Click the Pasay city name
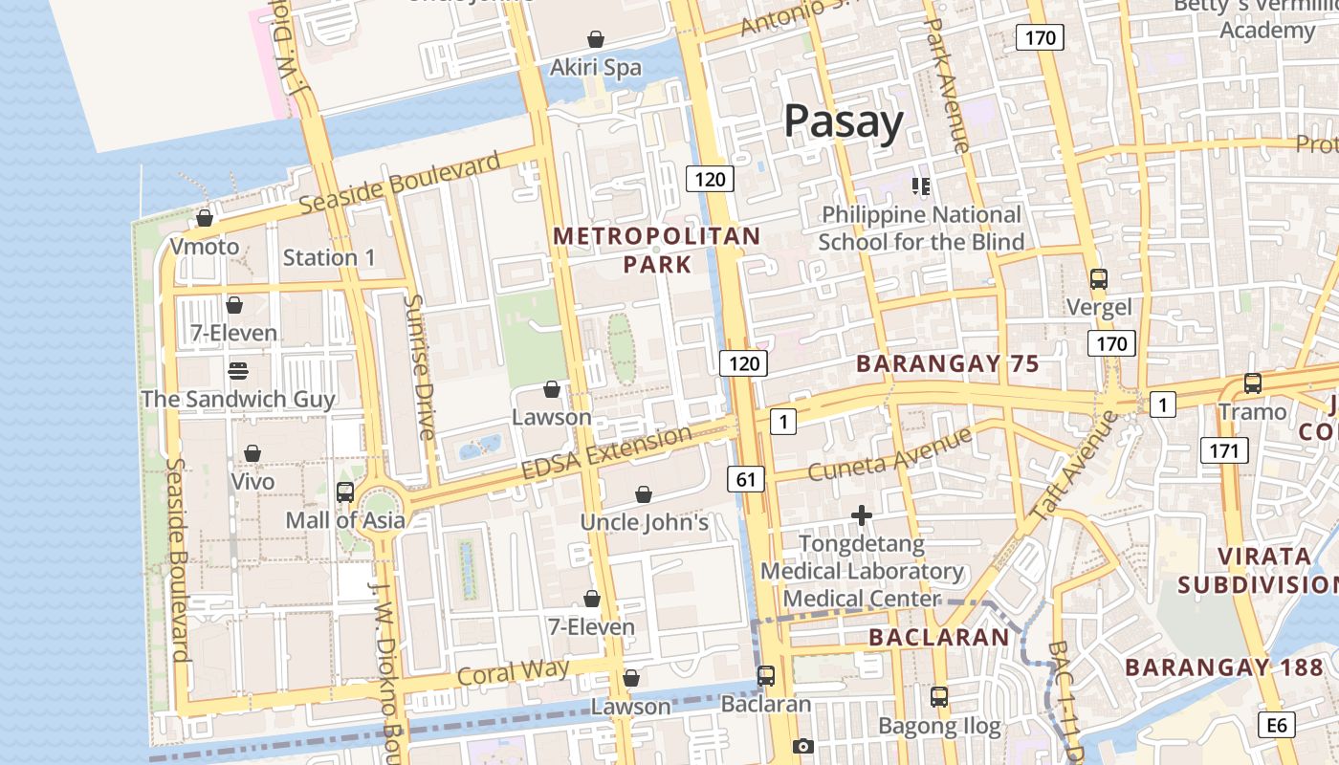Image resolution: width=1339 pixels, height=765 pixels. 843,122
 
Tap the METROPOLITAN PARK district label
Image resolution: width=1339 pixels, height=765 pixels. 657,250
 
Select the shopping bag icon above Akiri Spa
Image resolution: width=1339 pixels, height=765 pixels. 596,39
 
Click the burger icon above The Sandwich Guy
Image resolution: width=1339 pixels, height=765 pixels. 238,370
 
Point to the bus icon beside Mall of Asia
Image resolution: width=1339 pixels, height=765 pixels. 345,492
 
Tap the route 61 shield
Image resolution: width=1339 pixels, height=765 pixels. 745,478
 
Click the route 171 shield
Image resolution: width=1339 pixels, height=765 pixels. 1223,450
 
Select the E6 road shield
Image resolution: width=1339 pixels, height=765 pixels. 1278,725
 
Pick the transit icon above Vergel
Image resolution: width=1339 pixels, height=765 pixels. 1099,279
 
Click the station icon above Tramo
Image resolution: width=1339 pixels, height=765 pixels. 1253,383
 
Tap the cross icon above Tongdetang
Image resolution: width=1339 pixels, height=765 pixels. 862,516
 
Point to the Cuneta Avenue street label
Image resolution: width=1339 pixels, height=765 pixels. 889,454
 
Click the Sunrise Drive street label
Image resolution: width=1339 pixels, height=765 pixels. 419,366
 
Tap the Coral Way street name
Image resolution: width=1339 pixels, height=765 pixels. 513,671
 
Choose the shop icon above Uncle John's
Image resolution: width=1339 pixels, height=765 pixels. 644,494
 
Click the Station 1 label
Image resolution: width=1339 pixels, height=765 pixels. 329,257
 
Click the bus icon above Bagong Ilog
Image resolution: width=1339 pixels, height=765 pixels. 939,697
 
